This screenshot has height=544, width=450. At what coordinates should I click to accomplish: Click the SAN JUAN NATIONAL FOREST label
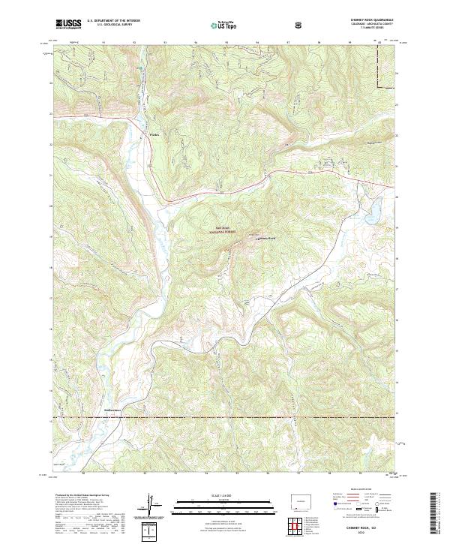221,230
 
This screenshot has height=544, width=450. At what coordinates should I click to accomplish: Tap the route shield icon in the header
300,26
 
